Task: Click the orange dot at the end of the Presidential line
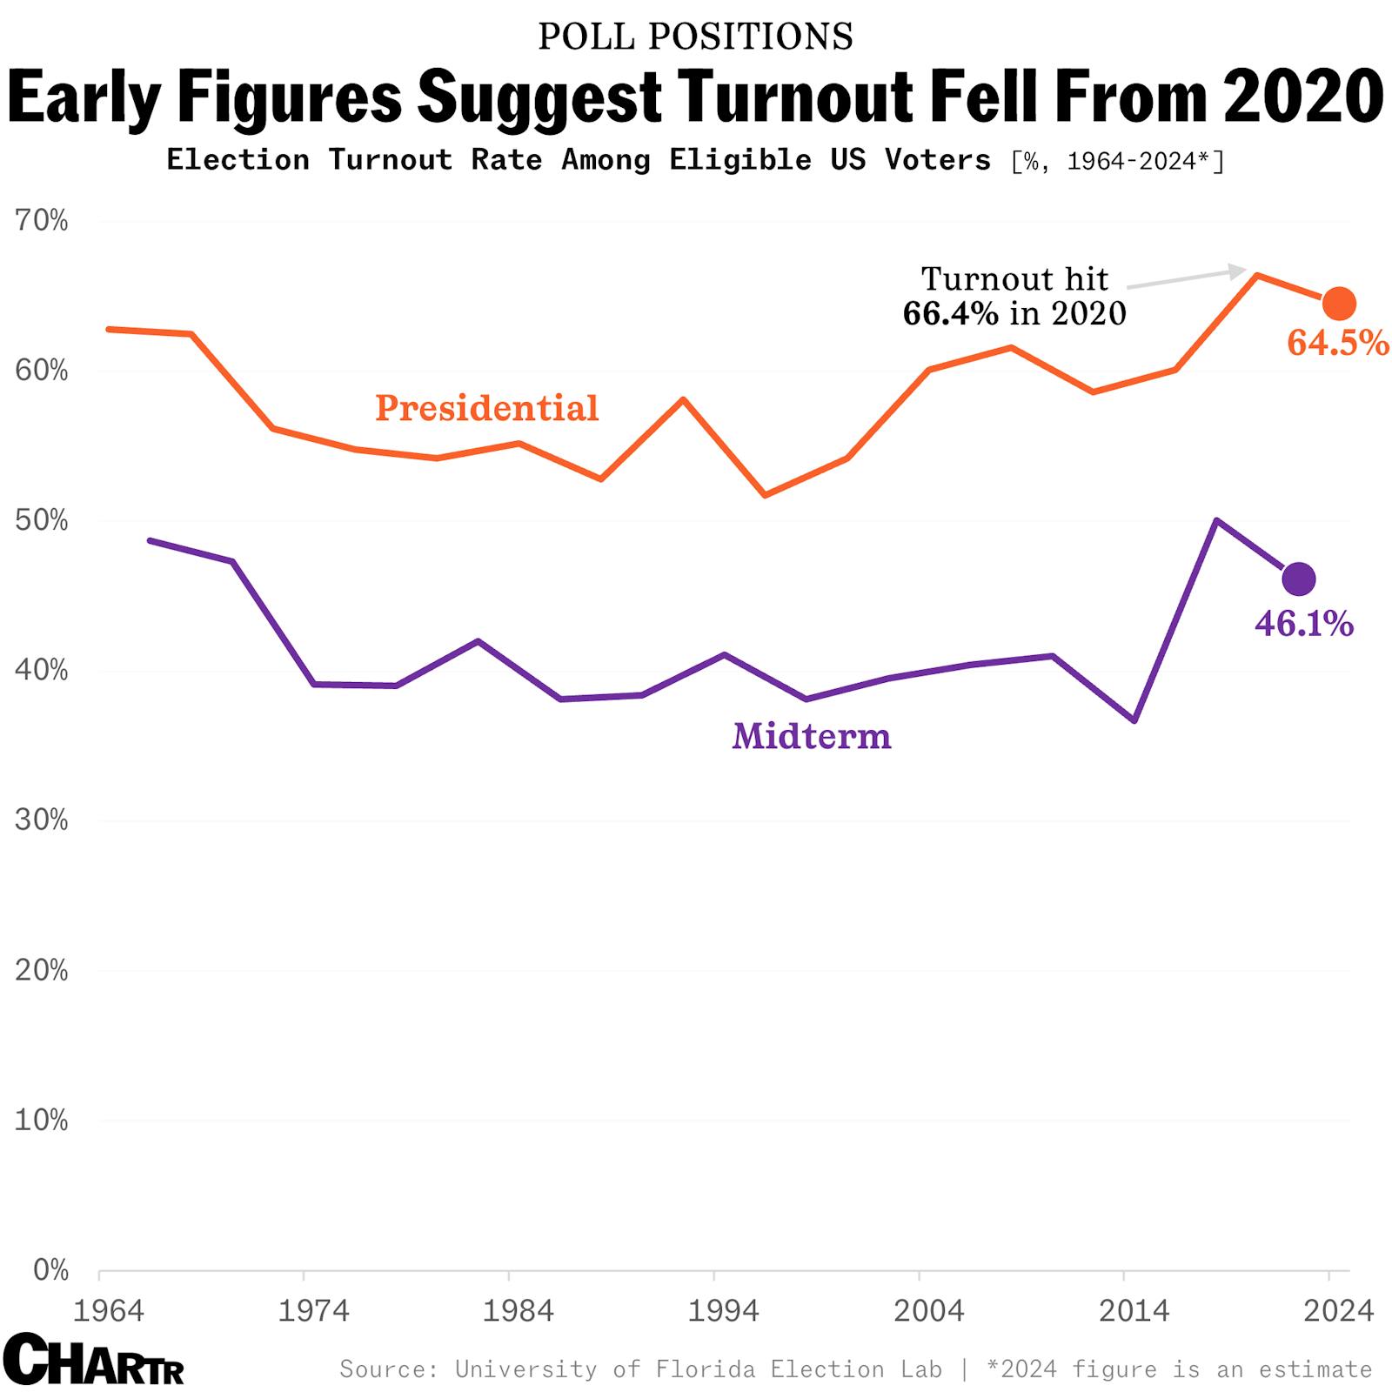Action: [x=1339, y=303]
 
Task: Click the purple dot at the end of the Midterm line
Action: [x=1298, y=579]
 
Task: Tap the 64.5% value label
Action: [x=1337, y=343]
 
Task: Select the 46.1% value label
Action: [x=1303, y=624]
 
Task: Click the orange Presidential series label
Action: [x=486, y=408]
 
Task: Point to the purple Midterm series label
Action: [x=811, y=736]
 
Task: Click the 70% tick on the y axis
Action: [x=41, y=221]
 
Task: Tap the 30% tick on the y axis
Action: [x=41, y=820]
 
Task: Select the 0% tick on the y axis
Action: [x=50, y=1270]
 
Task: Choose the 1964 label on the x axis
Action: [x=108, y=1310]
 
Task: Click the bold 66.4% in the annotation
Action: [x=950, y=313]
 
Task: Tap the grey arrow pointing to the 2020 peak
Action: [x=1188, y=278]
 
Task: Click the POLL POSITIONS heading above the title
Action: [x=695, y=37]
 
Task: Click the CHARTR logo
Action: [x=92, y=1360]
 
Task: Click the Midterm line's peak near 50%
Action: [x=1215, y=520]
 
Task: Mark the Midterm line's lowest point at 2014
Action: [x=1134, y=720]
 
